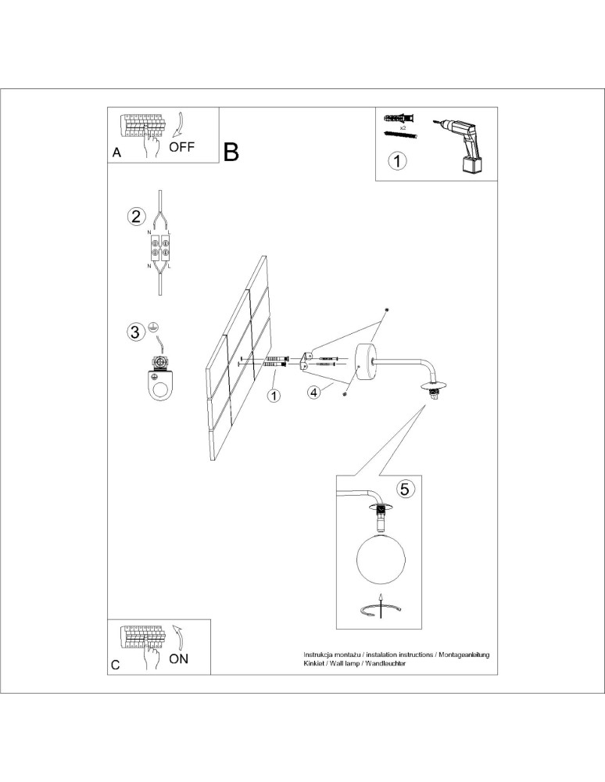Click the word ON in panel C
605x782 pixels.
(x=179, y=658)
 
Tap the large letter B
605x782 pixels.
(x=231, y=152)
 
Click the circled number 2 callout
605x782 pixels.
(x=137, y=217)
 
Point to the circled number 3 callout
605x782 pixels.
(x=136, y=332)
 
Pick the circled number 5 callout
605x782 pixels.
(x=404, y=490)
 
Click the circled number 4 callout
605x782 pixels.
(x=313, y=392)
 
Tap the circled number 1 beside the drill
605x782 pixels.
(x=398, y=162)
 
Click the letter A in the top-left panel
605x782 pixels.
(x=116, y=154)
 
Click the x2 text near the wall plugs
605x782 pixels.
(x=403, y=127)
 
